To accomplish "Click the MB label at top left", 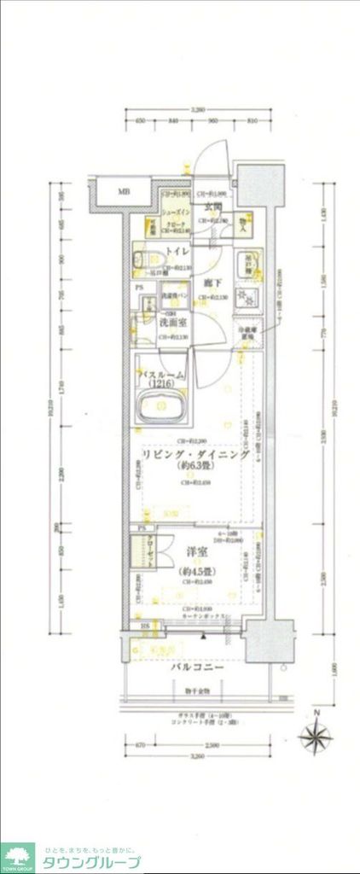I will point(124,190).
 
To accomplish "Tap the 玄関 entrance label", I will point(212,207).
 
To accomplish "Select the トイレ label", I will point(177,251).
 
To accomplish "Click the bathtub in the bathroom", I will point(161,412).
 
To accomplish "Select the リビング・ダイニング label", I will point(195,456).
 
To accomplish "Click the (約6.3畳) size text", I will point(195,468).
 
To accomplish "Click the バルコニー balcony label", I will point(196,667).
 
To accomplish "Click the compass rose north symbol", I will point(316,735).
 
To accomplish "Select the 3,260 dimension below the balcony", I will point(198,756).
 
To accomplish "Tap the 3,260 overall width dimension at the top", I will point(198,110).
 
